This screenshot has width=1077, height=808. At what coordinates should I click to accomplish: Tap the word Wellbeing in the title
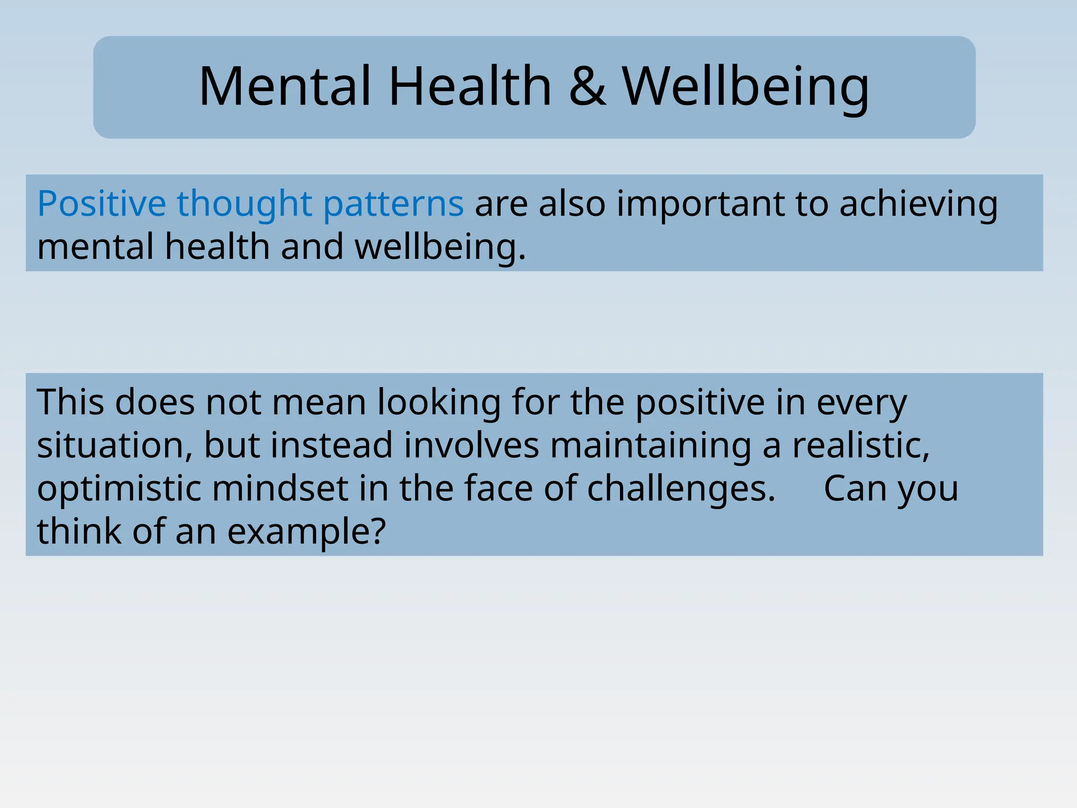746,87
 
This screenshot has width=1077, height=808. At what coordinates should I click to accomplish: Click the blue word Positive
101,204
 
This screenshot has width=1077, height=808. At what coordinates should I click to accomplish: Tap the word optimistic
119,489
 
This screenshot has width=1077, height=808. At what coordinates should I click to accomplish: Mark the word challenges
681,489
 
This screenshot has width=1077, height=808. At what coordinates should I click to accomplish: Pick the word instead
331,446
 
